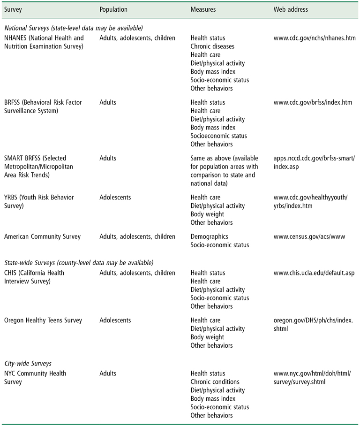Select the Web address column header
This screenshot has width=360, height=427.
(291, 9)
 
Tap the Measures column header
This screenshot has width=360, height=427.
(203, 9)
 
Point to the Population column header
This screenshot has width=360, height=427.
(113, 9)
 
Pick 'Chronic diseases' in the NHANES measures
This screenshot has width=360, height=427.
(212, 46)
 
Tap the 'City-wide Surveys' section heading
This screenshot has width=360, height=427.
(28, 364)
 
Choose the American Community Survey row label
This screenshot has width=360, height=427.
(42, 236)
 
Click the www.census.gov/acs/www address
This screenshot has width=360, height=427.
(309, 236)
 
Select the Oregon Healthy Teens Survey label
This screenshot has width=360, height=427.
(43, 320)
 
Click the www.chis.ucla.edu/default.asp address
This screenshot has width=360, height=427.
(315, 273)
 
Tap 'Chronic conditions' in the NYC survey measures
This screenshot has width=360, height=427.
(215, 382)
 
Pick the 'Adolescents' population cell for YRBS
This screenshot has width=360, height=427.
(115, 198)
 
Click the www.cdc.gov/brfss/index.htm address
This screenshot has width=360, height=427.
(313, 102)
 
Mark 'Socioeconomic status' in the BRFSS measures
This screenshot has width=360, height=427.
(219, 136)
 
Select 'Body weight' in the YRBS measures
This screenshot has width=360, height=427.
(207, 214)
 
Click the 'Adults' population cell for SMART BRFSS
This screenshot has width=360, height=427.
(108, 159)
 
